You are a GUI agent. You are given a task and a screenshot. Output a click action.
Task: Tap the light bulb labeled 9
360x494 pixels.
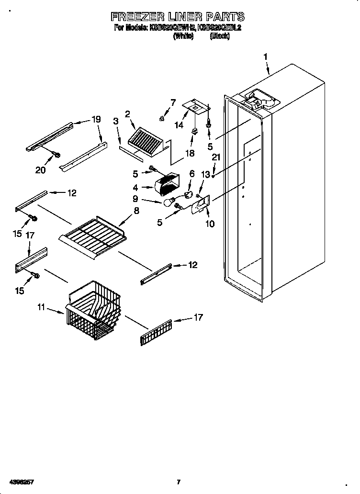point(168,203)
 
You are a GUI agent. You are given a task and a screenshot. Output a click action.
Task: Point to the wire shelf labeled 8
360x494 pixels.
point(93,236)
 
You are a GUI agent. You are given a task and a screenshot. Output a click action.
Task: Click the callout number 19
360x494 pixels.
point(96,120)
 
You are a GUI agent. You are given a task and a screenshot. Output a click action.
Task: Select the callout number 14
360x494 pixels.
point(179,125)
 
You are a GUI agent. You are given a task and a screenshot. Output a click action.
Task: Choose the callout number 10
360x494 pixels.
point(209,224)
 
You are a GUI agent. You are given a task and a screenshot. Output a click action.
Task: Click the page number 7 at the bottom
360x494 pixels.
point(178,482)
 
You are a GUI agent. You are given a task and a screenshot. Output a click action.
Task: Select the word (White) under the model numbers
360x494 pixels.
point(182,36)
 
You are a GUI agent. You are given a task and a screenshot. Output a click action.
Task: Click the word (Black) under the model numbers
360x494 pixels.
point(220,36)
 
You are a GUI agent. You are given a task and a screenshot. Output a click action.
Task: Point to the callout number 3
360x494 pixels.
point(116,121)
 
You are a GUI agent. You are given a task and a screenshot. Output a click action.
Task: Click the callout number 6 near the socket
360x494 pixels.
point(192,174)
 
